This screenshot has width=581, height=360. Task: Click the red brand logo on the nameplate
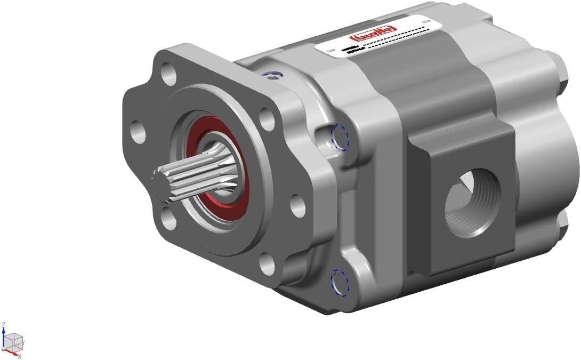375,34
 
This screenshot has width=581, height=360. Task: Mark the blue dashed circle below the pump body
339,282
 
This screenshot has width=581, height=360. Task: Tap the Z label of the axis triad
4,324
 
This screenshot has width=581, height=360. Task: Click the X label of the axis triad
19,356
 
